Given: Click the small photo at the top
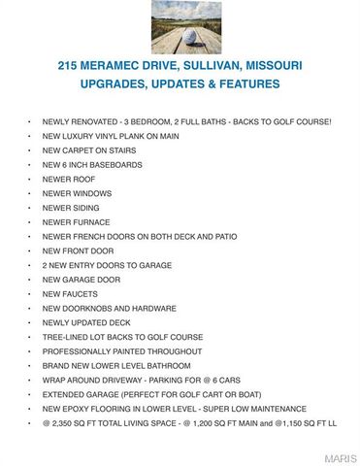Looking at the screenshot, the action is [180, 27].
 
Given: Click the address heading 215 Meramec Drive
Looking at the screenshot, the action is [180, 66].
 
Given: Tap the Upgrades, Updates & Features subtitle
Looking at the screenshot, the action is [180, 84].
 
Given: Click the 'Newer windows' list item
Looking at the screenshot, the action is [77, 193].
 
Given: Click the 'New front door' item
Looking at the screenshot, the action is [77, 250].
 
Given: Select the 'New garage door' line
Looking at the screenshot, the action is [81, 280].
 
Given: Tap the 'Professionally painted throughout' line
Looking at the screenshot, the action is [121, 350].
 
